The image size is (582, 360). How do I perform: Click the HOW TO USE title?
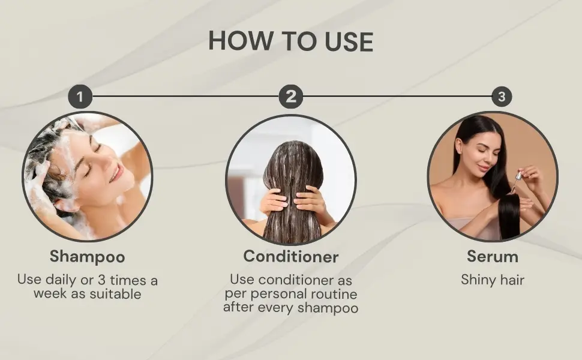290,41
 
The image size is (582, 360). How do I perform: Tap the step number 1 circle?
80,97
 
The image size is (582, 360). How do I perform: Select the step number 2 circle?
291,97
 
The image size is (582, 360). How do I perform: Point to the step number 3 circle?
502,97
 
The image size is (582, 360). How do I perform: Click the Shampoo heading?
87,256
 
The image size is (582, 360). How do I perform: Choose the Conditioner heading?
291,256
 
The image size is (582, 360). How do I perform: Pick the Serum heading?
493,256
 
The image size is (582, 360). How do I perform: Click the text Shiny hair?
493,280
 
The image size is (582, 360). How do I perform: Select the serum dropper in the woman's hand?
516,181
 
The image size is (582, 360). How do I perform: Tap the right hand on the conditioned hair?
311,200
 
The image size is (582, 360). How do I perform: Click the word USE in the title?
349,41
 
